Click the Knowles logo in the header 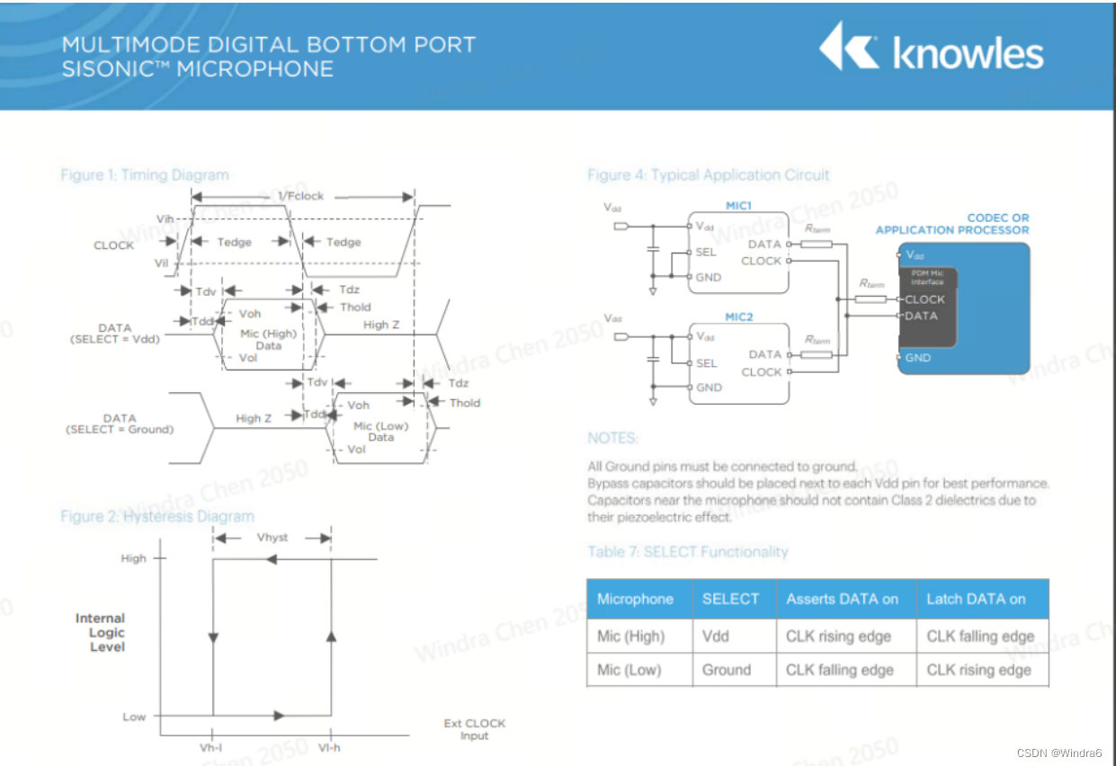pyautogui.click(x=931, y=49)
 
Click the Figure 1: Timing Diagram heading pyautogui.click(x=144, y=174)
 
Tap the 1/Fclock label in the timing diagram pyautogui.click(x=299, y=196)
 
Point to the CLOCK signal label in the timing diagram pyautogui.click(x=113, y=245)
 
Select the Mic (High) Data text pyautogui.click(x=268, y=340)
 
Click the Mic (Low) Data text pyautogui.click(x=381, y=432)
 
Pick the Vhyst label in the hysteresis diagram pyautogui.click(x=272, y=537)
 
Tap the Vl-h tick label pyautogui.click(x=330, y=748)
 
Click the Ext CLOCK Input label pyautogui.click(x=474, y=729)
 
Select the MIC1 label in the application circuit pyautogui.click(x=738, y=206)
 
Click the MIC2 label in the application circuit pyautogui.click(x=738, y=317)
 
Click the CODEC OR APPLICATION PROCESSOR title pyautogui.click(x=952, y=224)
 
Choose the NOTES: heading pyautogui.click(x=612, y=438)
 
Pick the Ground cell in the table pyautogui.click(x=727, y=670)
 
